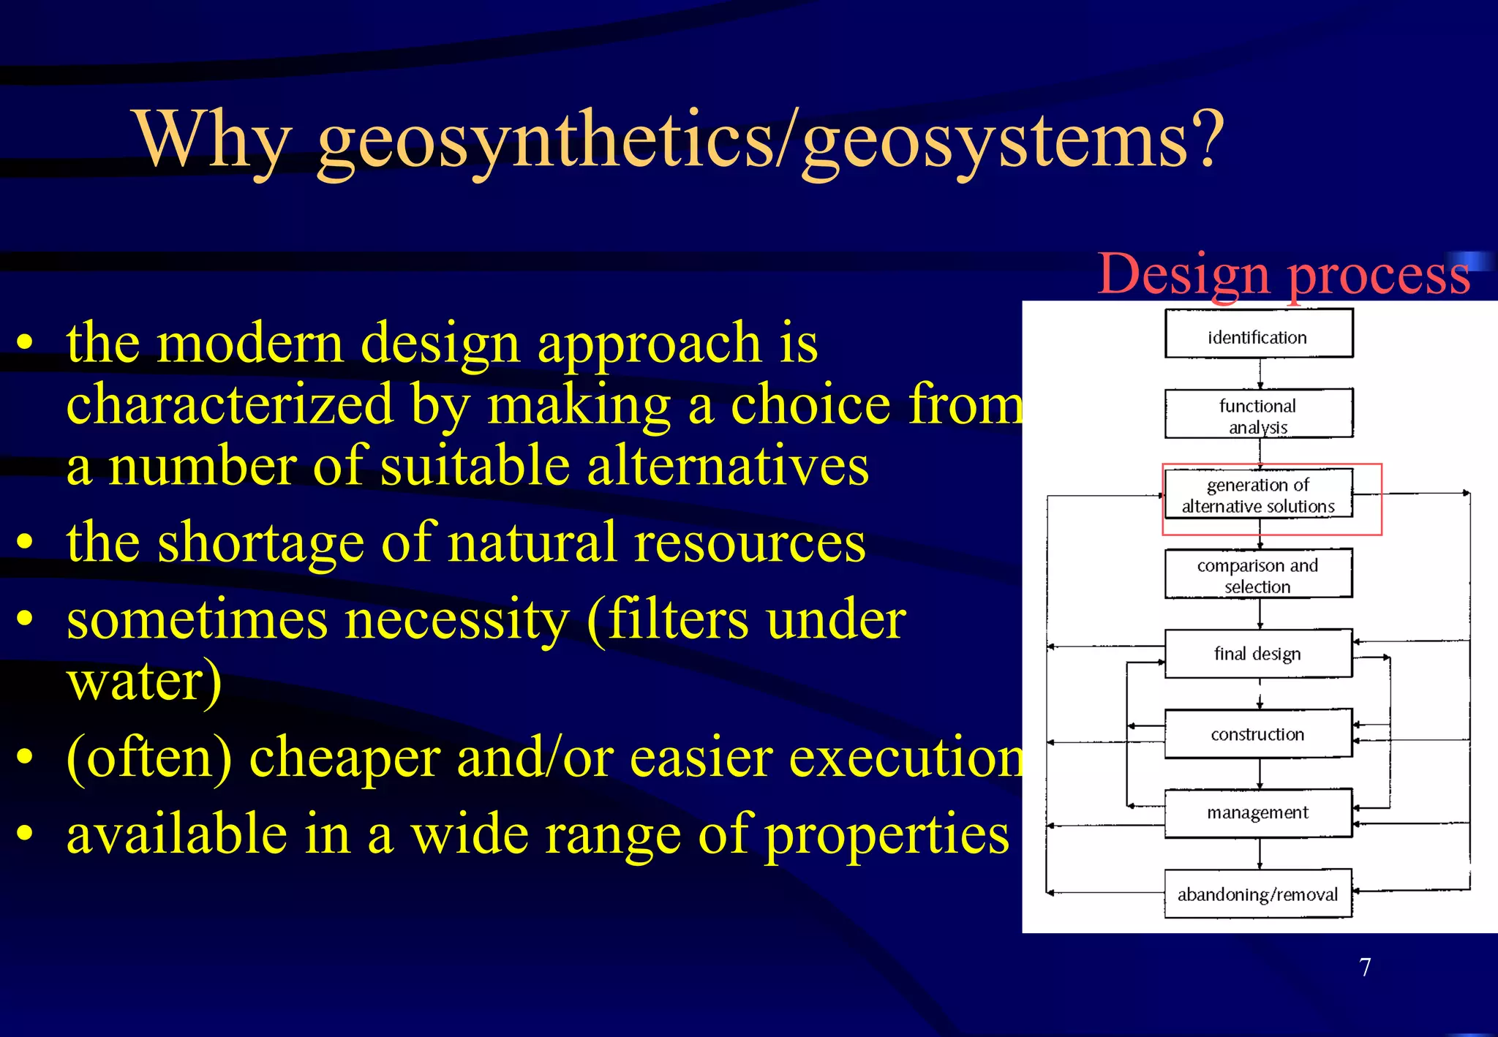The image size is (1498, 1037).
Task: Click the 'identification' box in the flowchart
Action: (x=1258, y=334)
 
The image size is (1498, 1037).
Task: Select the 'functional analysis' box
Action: (x=1258, y=414)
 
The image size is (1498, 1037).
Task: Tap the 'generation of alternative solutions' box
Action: (x=1258, y=494)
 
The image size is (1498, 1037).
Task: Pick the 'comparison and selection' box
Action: (x=1258, y=574)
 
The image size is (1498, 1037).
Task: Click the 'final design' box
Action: (x=1258, y=653)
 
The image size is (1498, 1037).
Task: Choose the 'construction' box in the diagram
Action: (x=1258, y=734)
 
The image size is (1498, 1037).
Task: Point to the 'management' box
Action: (x=1258, y=812)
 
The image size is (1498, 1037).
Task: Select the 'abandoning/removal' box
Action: (x=1258, y=894)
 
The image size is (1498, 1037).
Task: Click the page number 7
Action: (x=1365, y=967)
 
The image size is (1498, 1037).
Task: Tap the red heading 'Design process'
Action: (x=1284, y=274)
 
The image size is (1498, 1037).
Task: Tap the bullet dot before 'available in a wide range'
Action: (x=26, y=834)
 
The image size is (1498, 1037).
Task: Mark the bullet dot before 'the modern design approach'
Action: (x=26, y=342)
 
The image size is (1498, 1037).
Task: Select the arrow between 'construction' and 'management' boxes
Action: (x=1260, y=774)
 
